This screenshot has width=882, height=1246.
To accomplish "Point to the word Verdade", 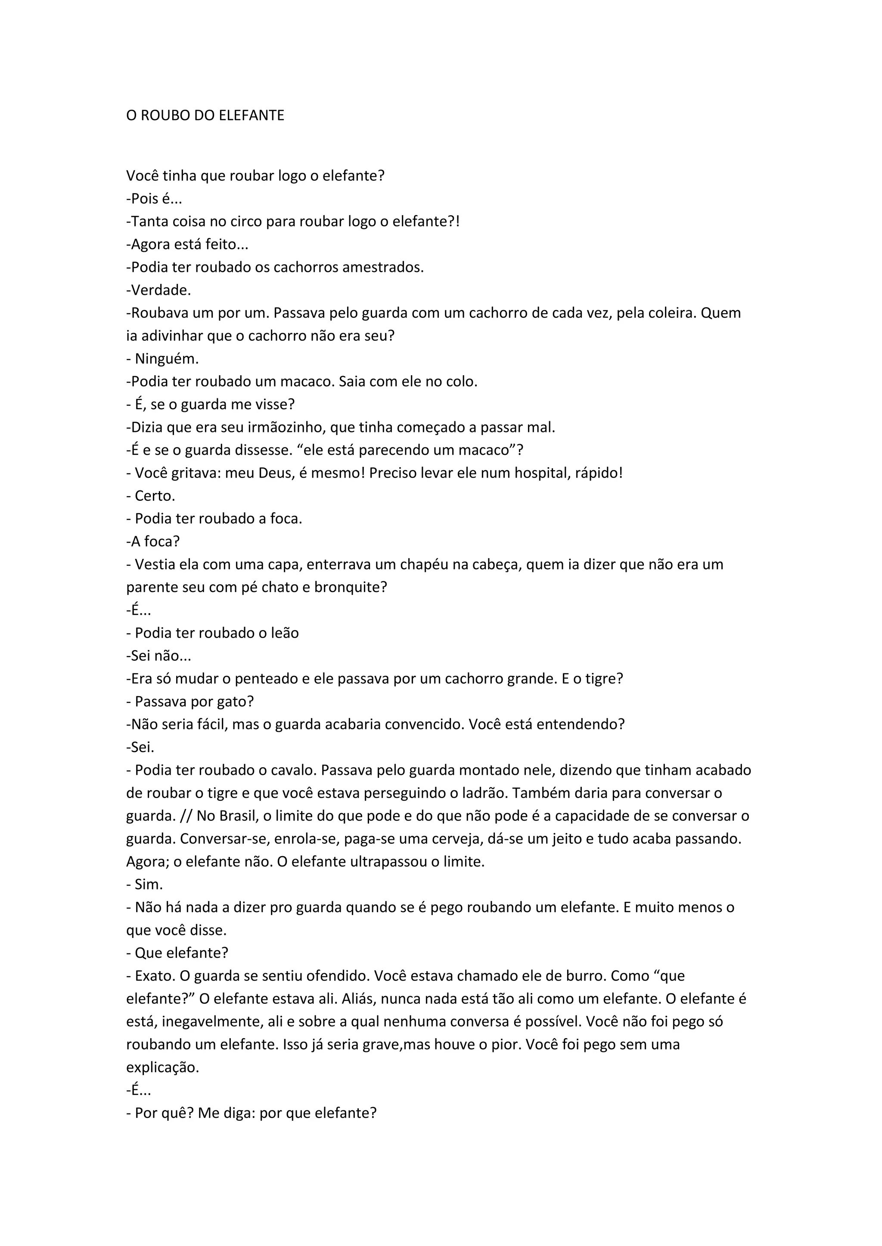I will pyautogui.click(x=161, y=290).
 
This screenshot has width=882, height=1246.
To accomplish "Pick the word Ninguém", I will pyautogui.click(x=167, y=359).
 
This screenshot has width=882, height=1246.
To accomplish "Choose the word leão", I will pyautogui.click(x=285, y=633).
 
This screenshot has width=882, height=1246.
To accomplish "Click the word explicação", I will pyautogui.click(x=162, y=1067).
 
